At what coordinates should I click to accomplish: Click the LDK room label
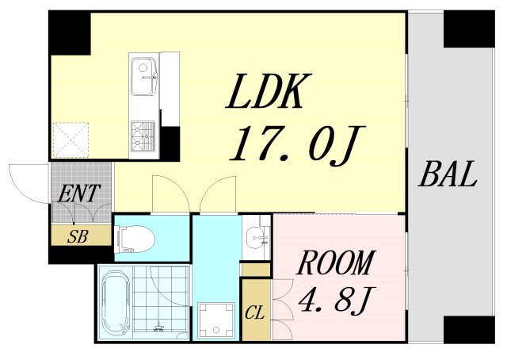click(x=269, y=91)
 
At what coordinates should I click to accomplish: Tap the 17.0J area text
click(x=298, y=144)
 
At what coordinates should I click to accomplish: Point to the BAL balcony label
click(x=448, y=174)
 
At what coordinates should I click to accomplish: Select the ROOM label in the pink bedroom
click(x=336, y=262)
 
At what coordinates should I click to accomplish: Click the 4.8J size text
click(x=336, y=301)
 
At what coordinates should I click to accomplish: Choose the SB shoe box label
click(x=78, y=236)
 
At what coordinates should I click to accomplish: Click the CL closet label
click(x=255, y=313)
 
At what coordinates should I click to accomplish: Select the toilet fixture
click(x=135, y=239)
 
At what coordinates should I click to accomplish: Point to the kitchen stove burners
click(x=143, y=136)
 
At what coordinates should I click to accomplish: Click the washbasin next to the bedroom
click(x=256, y=238)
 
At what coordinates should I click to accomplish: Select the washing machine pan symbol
click(x=216, y=320)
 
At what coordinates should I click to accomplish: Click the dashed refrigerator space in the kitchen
click(x=71, y=140)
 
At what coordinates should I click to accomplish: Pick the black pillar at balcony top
click(x=469, y=29)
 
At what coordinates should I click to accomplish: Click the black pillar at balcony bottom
click(x=469, y=330)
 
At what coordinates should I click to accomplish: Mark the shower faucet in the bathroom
click(x=158, y=327)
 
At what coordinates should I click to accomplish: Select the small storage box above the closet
click(x=256, y=270)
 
